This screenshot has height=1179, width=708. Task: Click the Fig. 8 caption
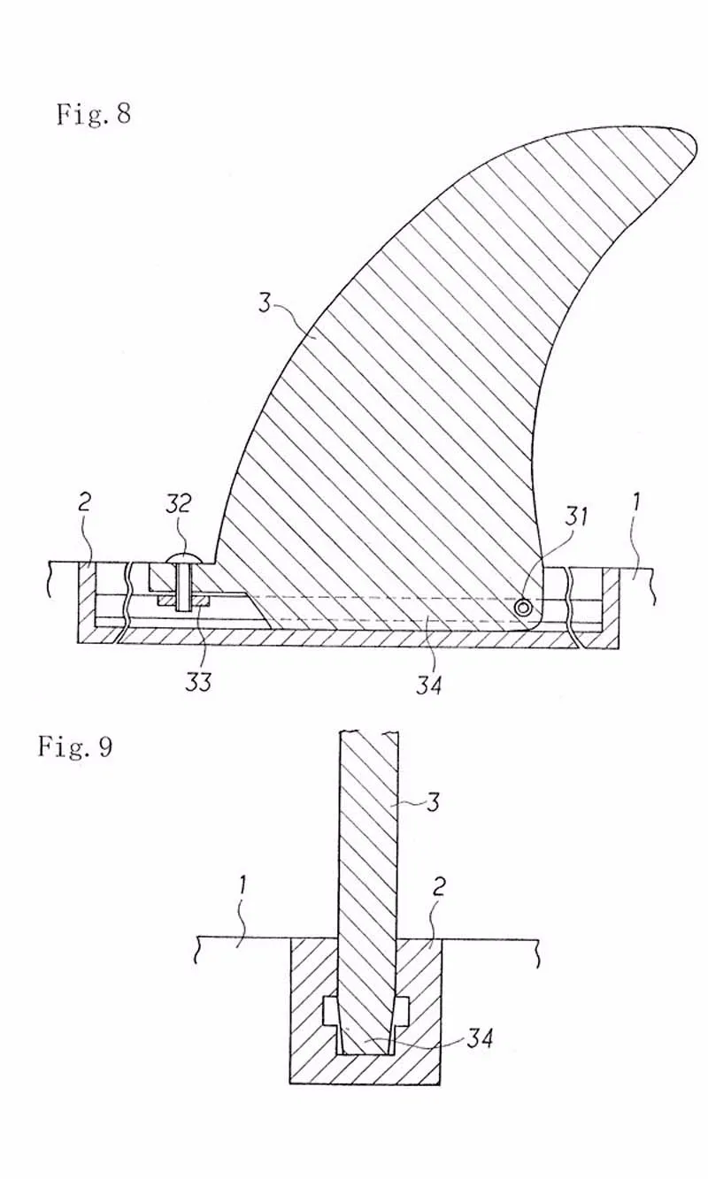click(x=94, y=114)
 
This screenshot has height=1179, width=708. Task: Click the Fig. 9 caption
click(x=74, y=746)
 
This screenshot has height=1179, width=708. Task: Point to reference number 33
click(x=199, y=681)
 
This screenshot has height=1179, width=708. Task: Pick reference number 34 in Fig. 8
click(x=428, y=682)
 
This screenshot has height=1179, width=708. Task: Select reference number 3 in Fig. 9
click(x=433, y=802)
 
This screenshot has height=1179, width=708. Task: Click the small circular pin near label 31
click(x=526, y=608)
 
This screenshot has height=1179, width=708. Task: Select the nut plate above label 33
click(x=183, y=601)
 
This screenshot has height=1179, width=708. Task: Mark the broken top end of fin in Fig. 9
click(x=368, y=732)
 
